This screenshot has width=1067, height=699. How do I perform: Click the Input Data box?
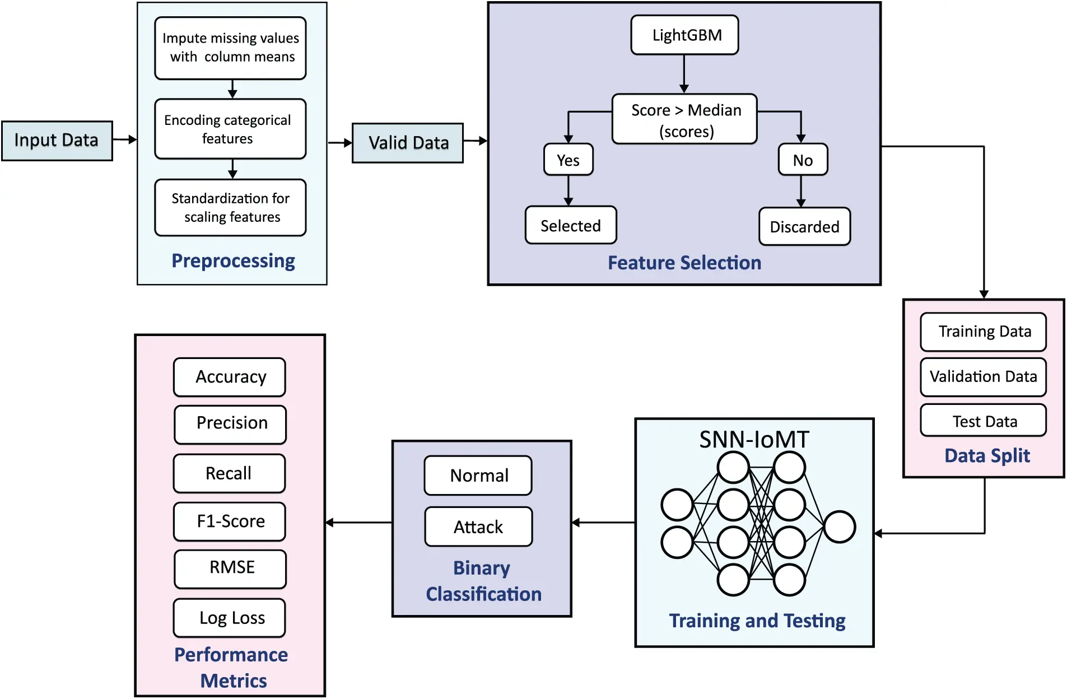[57, 141]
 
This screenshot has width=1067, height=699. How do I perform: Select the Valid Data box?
[407, 143]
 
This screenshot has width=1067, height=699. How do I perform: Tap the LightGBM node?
[684, 35]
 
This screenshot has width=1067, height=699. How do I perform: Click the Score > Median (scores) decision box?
[684, 119]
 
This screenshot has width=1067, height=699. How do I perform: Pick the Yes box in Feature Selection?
[568, 160]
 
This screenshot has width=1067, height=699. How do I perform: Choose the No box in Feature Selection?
[802, 160]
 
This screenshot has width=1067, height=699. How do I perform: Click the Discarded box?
[804, 227]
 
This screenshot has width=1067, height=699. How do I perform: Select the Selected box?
[570, 225]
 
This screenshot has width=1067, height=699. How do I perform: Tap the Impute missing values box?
[230, 48]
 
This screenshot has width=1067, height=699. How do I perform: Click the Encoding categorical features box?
[230, 129]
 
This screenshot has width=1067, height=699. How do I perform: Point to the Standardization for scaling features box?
[230, 208]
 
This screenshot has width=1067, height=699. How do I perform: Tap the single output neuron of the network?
[839, 526]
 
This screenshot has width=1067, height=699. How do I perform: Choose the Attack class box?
[478, 526]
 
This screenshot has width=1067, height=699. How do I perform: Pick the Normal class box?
[478, 476]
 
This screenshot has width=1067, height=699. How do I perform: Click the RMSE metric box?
[230, 568]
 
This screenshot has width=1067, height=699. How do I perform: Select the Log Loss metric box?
[230, 618]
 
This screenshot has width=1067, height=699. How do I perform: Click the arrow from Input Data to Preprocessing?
[124, 139]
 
